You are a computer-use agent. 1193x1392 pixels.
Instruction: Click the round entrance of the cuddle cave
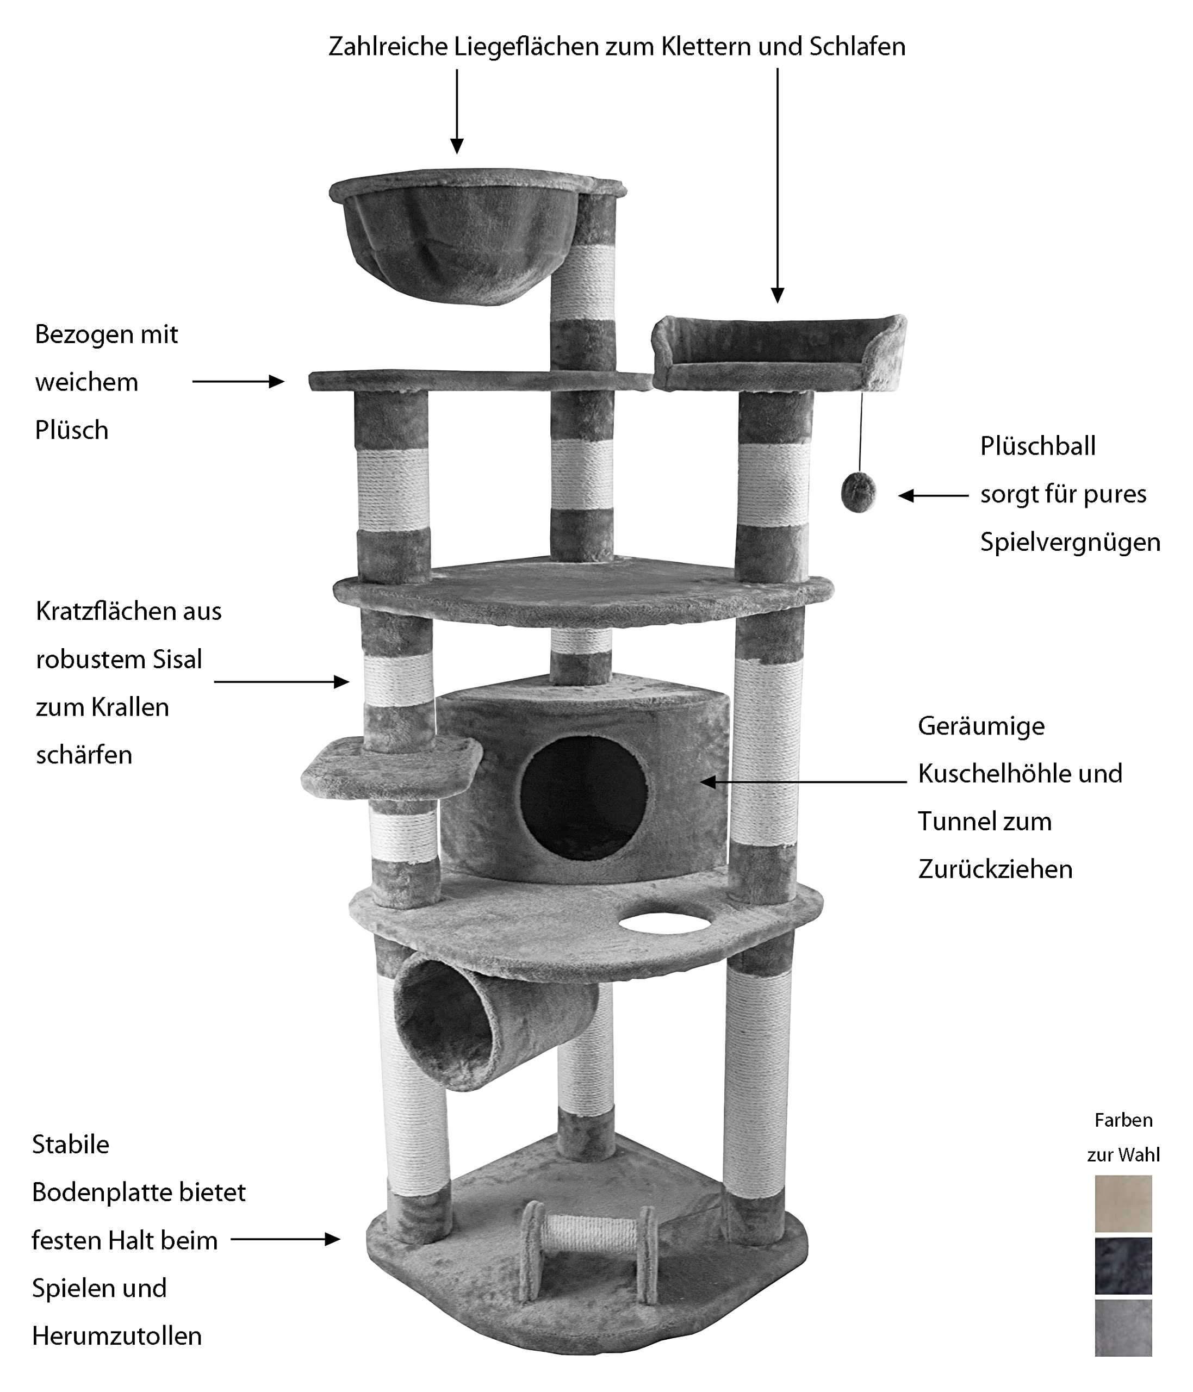click(583, 798)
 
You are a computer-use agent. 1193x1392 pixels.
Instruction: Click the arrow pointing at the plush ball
click(934, 496)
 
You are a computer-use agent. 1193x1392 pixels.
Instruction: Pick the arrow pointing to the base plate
click(285, 1240)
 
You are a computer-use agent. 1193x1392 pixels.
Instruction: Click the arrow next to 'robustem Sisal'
click(282, 682)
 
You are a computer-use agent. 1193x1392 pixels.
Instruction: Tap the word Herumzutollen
click(117, 1336)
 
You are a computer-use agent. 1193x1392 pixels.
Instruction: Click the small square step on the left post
click(392, 768)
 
